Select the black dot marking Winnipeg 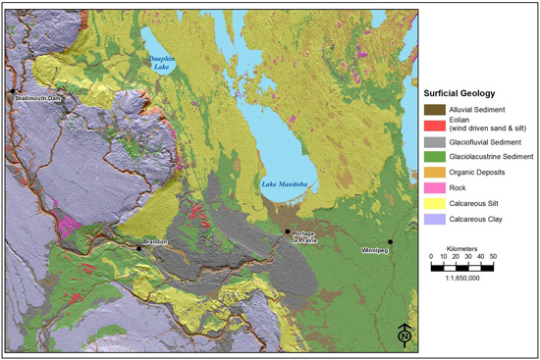coord(390,241)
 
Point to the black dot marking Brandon coord(139,248)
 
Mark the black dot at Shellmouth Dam coord(13,92)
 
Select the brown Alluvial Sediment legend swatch coord(433,109)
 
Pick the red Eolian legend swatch coord(433,126)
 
